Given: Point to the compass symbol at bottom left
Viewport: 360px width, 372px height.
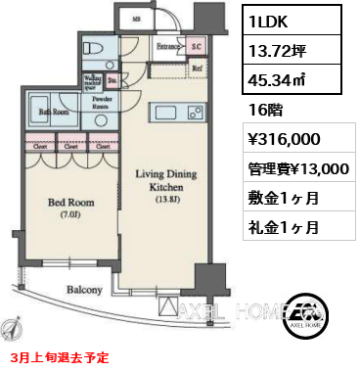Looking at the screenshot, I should coord(14,329).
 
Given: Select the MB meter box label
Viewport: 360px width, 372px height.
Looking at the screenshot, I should coord(136,19).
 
